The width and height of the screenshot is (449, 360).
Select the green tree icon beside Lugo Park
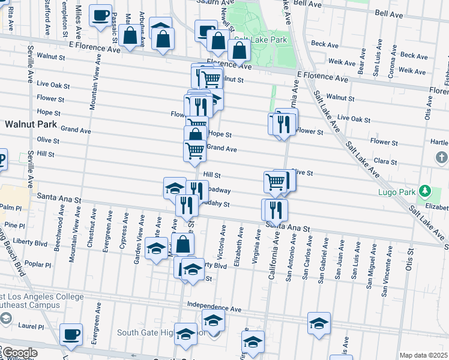425,191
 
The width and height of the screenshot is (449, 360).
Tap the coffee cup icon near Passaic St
100,14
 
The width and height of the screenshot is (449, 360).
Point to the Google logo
19,353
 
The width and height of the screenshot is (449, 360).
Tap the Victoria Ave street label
223,239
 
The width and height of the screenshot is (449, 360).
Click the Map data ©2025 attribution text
424,355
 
